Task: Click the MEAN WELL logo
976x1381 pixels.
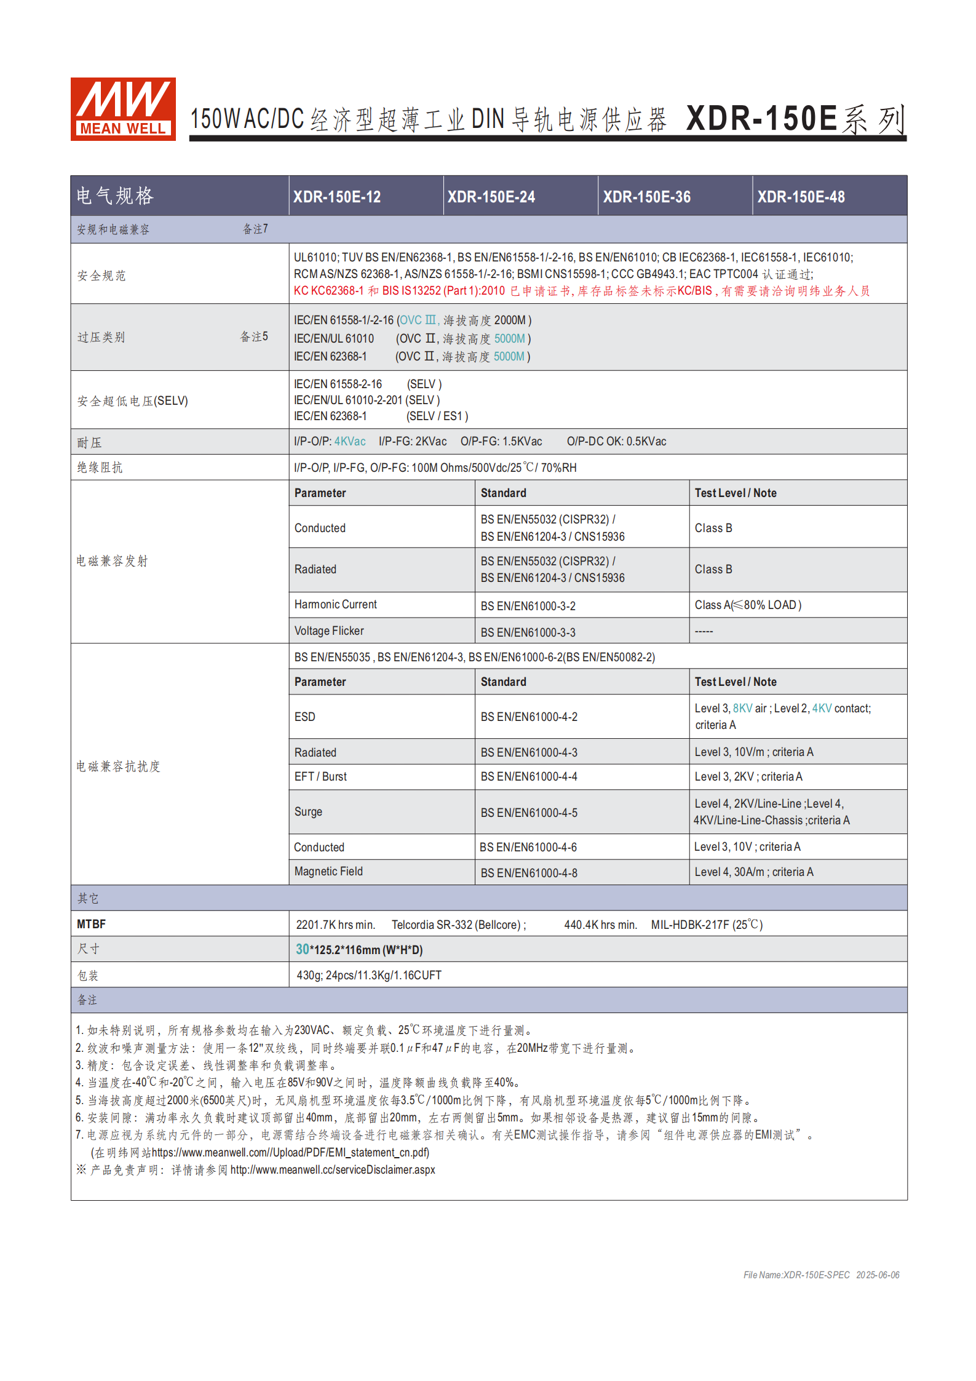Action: (123, 109)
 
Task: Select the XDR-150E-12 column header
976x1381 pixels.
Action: (337, 197)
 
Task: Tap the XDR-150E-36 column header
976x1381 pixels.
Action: (646, 197)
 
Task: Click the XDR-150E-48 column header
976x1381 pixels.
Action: (801, 197)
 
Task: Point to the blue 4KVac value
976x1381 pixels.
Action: (350, 442)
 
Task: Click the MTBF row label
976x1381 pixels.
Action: (91, 924)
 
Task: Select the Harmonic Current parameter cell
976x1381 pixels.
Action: (336, 605)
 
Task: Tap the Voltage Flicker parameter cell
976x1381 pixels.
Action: (329, 631)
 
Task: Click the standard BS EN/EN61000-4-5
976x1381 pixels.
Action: (529, 813)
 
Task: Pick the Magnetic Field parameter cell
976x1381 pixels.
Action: (328, 872)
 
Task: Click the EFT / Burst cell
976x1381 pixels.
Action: (320, 777)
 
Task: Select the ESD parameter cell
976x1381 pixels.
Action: (305, 717)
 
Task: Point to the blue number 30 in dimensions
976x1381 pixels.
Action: (303, 949)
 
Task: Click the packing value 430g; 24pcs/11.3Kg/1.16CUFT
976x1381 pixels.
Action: (369, 975)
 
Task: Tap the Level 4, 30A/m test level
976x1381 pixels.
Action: (754, 872)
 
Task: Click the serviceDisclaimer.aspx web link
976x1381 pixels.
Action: (333, 1169)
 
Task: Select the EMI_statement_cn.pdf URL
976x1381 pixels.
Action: (290, 1152)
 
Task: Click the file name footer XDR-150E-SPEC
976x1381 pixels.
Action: (796, 1275)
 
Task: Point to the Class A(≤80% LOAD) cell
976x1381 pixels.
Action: (748, 605)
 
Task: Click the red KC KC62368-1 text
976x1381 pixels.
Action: (328, 291)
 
